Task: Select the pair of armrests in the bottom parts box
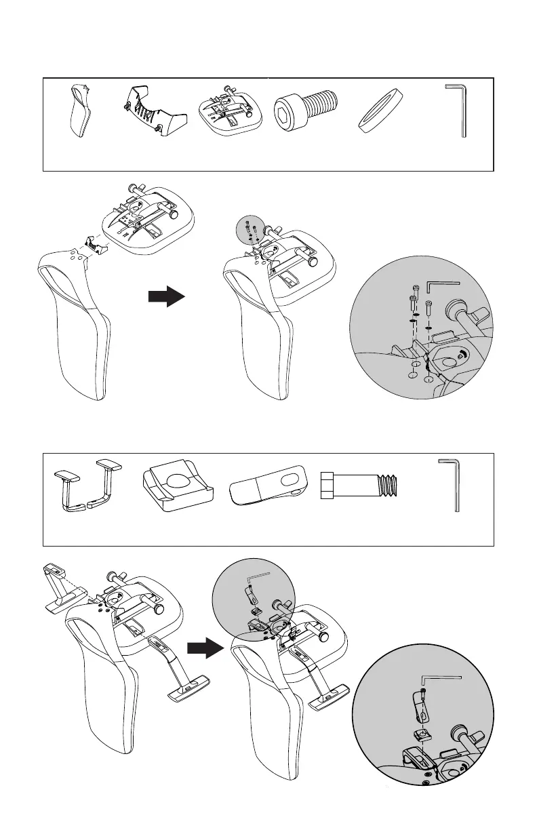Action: tap(86, 485)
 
